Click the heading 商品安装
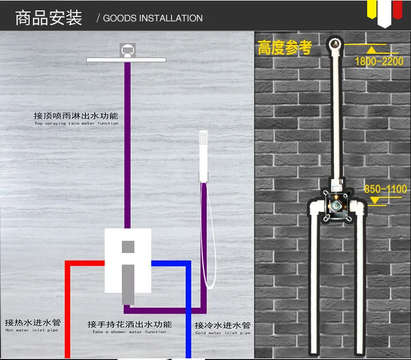pyautogui.click(x=49, y=18)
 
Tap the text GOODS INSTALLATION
pyautogui.click(x=153, y=18)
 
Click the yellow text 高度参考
pyautogui.click(x=284, y=48)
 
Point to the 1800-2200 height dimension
pyautogui.click(x=379, y=61)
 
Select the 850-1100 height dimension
pyautogui.click(x=385, y=190)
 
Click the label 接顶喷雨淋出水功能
pyautogui.click(x=76, y=116)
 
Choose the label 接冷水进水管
pyautogui.click(x=222, y=325)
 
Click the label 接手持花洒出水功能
pyautogui.click(x=129, y=324)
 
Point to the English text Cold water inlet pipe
pyautogui.click(x=222, y=333)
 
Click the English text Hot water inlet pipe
pyautogui.click(x=31, y=330)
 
